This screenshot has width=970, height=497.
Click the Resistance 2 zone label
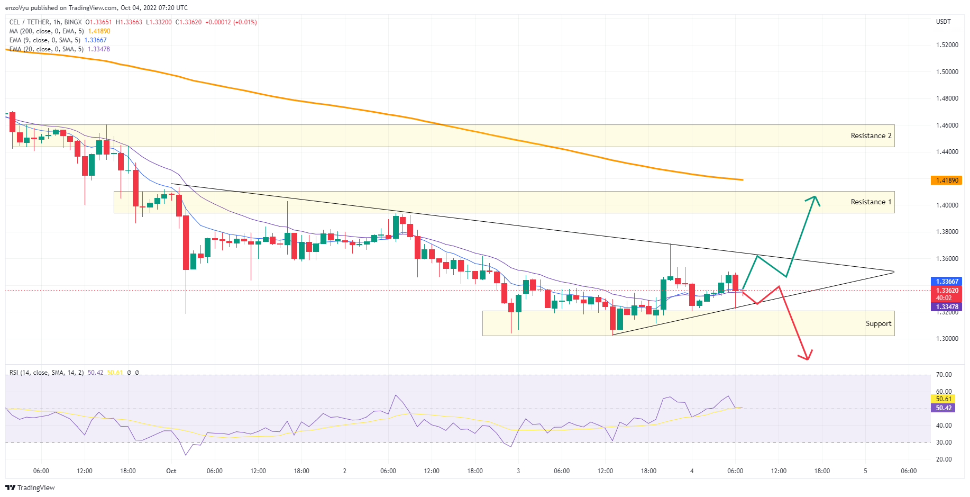coord(871,136)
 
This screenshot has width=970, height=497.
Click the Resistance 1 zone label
coord(871,202)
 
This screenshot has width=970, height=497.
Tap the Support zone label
coord(878,324)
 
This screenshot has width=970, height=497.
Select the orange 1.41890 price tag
coord(946,180)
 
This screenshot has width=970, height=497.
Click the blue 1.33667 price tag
coord(946,282)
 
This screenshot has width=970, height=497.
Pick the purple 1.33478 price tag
coord(946,307)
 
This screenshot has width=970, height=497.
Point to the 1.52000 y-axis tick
coord(947,45)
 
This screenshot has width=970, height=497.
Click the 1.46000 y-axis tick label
coord(947,125)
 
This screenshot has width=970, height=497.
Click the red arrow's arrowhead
coord(807,358)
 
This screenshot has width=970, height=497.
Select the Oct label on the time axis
coord(171,471)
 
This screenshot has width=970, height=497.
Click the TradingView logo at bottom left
coord(30,487)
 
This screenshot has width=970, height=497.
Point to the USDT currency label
coord(943,22)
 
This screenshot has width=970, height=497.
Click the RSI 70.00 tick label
coord(944,375)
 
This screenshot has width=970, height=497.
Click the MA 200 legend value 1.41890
coord(99,31)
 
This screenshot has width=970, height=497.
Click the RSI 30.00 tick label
coord(944,442)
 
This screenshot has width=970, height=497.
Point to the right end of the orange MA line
coord(743,180)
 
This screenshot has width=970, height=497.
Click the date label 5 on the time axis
coord(865,471)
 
